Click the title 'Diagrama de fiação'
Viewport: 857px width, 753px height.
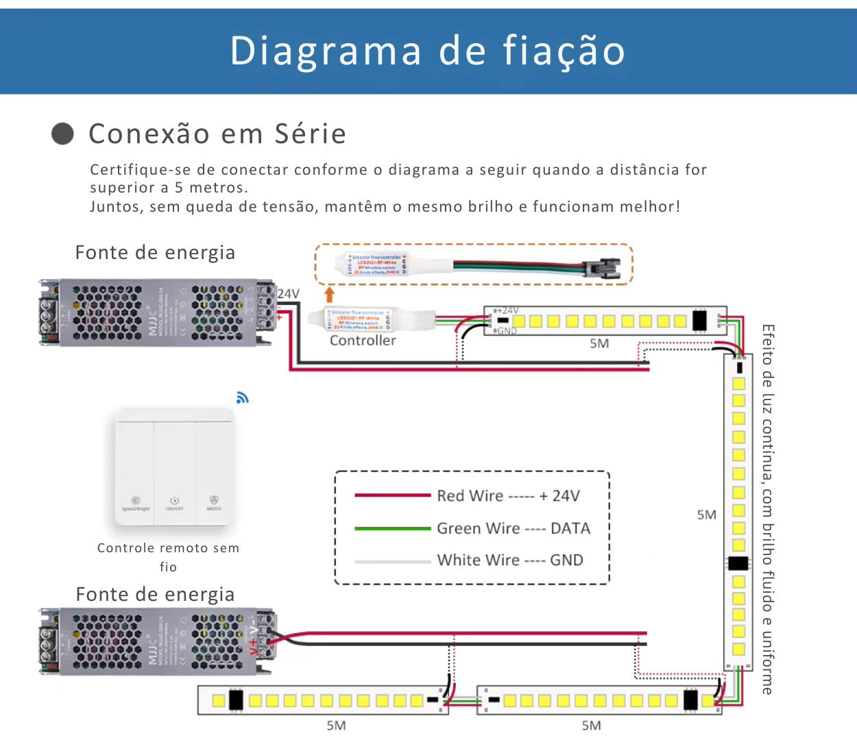[428, 51]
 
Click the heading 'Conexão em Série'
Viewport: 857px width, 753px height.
[217, 134]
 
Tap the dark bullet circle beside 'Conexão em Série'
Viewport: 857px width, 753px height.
[62, 134]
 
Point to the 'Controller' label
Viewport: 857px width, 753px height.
[363, 341]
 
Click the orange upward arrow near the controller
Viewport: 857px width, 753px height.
[329, 295]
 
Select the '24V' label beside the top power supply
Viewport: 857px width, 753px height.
[289, 294]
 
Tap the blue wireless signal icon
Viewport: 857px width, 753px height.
[242, 397]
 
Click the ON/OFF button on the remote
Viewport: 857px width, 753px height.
[175, 503]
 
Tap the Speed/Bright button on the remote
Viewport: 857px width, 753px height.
[136, 503]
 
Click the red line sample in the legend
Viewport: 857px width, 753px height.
[392, 495]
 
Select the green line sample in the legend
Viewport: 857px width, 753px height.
[392, 528]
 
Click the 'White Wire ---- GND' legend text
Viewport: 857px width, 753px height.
[510, 560]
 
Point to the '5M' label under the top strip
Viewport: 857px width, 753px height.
[599, 343]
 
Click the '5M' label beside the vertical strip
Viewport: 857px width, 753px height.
[706, 515]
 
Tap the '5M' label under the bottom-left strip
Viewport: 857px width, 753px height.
[336, 725]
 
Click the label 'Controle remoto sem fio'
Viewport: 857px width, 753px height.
[168, 556]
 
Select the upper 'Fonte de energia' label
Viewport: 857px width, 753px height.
[155, 253]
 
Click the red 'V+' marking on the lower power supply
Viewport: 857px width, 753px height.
[254, 645]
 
